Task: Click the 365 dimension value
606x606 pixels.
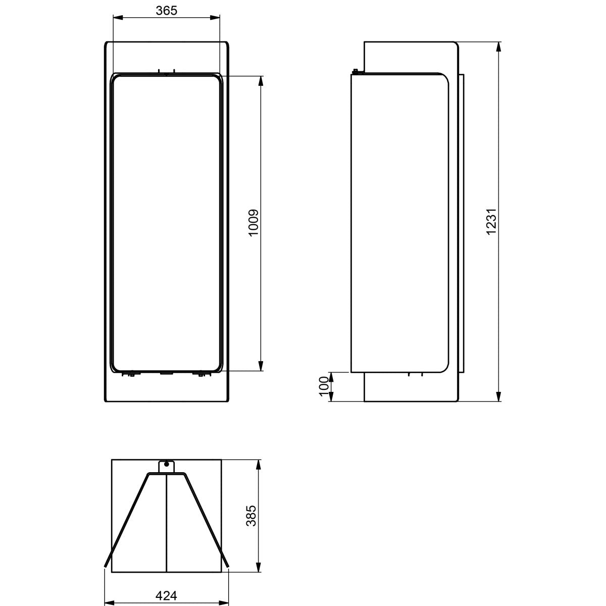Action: point(166,11)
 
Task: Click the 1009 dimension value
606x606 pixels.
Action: point(253,222)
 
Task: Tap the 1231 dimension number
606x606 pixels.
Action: point(491,221)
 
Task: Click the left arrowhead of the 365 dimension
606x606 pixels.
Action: point(117,18)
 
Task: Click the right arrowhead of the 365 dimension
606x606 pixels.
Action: point(216,18)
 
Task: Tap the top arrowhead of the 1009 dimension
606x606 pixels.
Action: point(261,80)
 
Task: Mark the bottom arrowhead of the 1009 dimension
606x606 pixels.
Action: point(261,366)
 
